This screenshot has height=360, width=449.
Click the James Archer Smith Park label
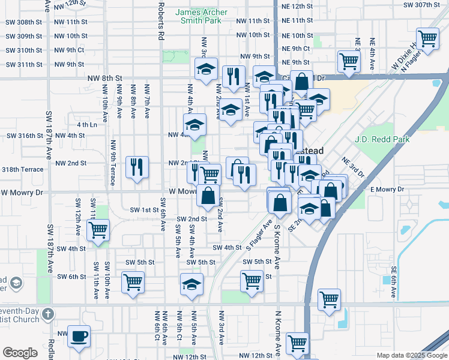click(197, 16)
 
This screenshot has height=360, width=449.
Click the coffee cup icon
click(79, 336)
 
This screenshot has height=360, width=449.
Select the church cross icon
click(48, 313)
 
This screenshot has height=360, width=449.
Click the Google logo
click(20, 353)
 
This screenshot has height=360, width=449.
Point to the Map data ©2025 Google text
click(411, 355)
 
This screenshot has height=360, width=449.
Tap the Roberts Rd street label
click(160, 20)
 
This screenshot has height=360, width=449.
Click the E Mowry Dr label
click(388, 190)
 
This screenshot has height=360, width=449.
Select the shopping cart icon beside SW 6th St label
click(133, 281)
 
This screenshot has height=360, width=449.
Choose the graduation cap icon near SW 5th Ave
click(191, 284)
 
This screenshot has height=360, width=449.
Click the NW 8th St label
click(104, 78)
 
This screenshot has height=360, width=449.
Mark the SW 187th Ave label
click(50, 133)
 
